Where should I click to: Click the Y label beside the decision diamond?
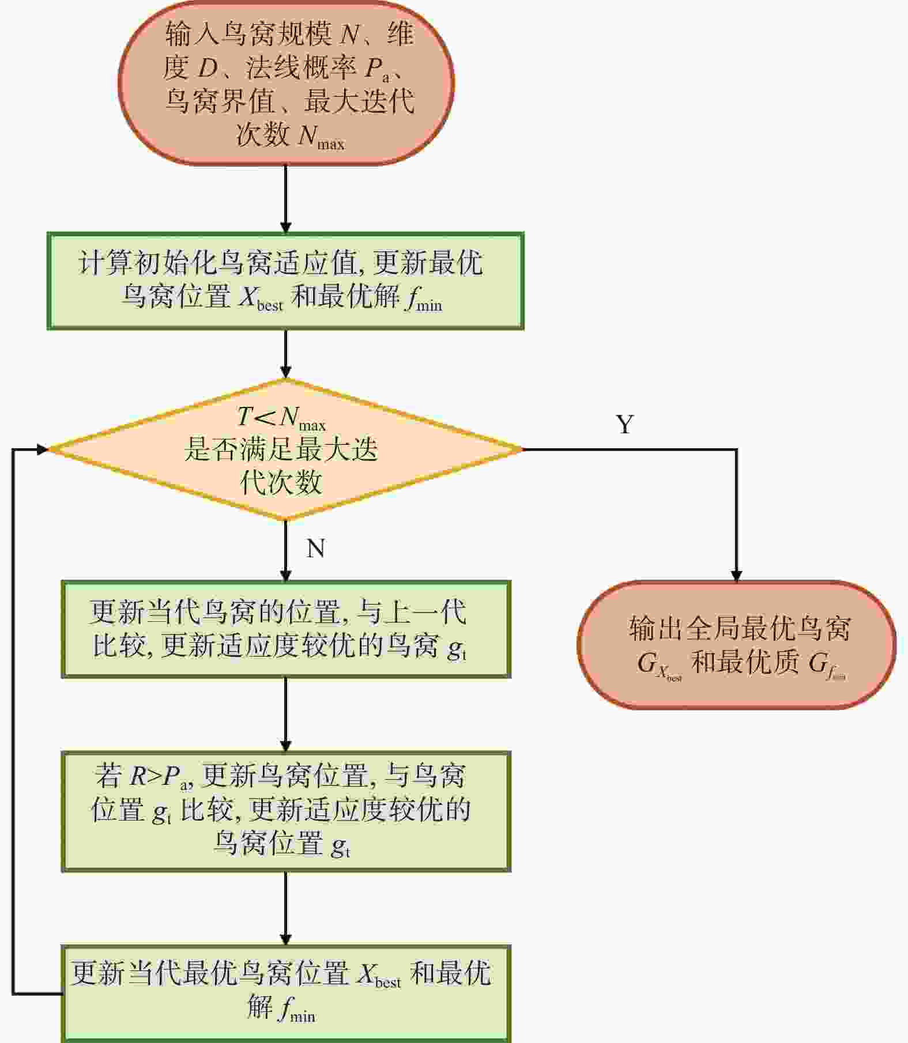[x=626, y=424]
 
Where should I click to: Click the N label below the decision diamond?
[x=316, y=548]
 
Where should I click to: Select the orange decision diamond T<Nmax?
[x=286, y=449]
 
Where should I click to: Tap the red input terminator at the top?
[x=287, y=83]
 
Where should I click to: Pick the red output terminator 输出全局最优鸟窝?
[x=737, y=645]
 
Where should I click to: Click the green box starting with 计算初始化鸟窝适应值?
[x=285, y=281]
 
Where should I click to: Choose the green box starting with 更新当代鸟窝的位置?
[x=286, y=629]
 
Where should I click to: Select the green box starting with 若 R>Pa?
[x=286, y=811]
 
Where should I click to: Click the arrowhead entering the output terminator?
[x=736, y=575]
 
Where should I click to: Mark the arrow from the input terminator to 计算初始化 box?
[x=286, y=199]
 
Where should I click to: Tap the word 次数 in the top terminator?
[x=263, y=135]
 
